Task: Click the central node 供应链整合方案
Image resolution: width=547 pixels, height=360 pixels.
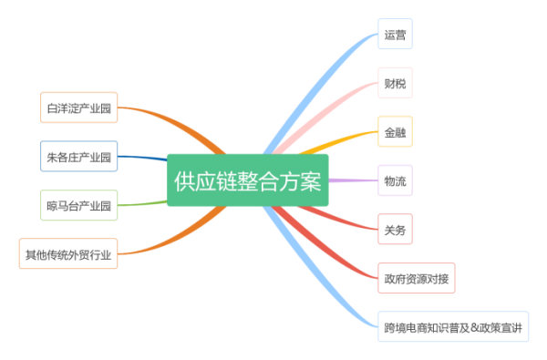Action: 247,180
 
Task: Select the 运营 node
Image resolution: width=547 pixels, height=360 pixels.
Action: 395,36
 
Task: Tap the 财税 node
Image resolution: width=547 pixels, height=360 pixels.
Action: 395,85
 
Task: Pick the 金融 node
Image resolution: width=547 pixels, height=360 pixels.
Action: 395,132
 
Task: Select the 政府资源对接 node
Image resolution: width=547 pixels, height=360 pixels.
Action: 416,277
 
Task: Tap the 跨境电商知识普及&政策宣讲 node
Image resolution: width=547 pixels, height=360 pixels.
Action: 453,326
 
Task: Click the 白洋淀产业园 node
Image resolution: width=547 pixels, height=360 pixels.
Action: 79,108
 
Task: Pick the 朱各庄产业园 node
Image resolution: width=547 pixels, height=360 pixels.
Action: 79,157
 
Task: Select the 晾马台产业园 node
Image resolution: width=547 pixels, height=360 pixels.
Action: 79,205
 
